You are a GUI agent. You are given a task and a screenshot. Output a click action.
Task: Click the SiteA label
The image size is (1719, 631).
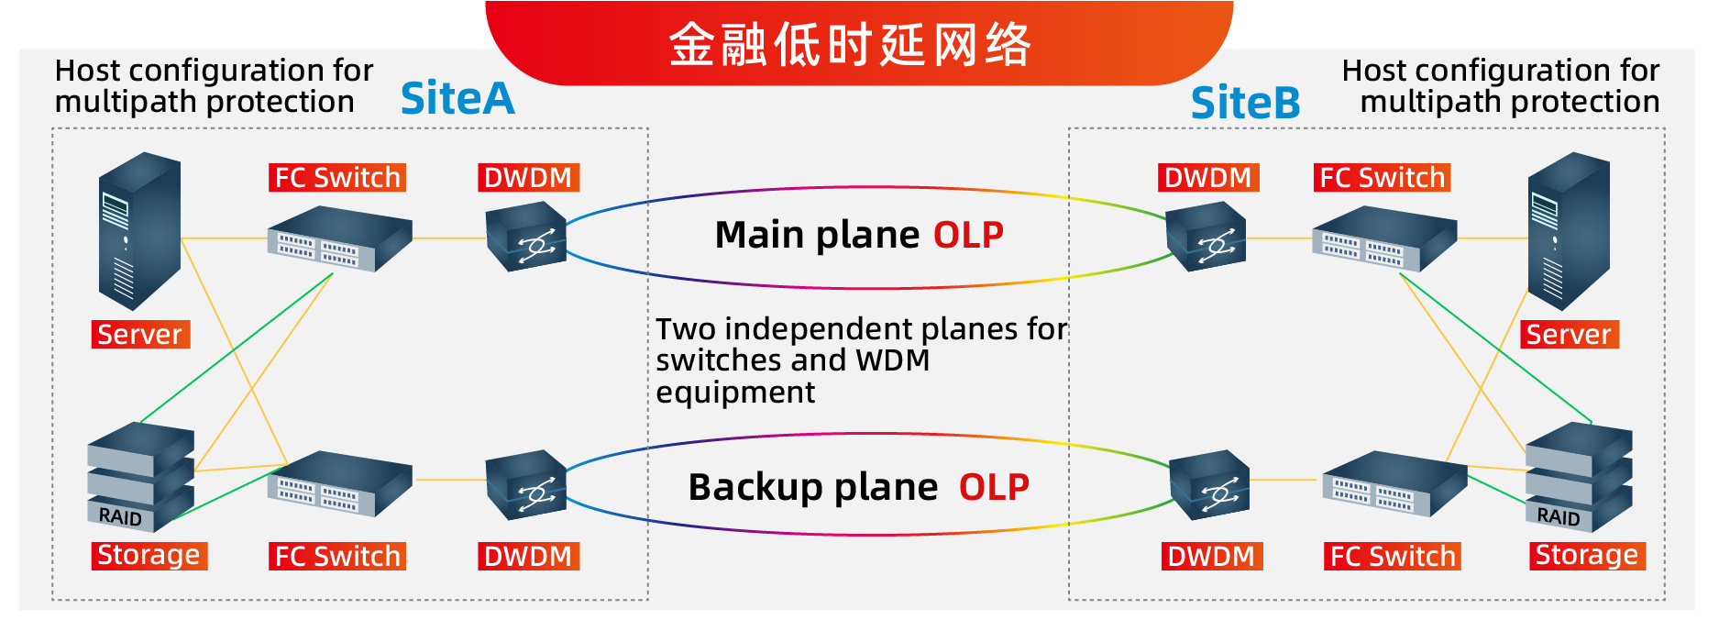[457, 98]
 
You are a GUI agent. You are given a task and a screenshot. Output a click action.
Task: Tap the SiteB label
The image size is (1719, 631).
[1245, 103]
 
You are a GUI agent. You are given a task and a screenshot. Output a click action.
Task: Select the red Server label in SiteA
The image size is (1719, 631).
[140, 335]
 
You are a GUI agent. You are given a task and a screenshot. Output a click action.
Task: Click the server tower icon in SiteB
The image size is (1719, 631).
[1569, 230]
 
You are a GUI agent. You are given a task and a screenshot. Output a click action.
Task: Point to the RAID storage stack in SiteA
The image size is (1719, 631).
[140, 476]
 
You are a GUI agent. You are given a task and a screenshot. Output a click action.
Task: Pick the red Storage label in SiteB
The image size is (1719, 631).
[1587, 556]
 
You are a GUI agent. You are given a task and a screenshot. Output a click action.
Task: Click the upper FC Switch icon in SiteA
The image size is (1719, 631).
[339, 239]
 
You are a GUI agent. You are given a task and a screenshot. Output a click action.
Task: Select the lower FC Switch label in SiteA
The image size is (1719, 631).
[337, 557]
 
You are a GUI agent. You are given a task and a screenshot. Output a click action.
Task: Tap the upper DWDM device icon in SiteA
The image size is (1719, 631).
[525, 237]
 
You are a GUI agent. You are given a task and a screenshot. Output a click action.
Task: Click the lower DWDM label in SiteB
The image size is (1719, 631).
[1211, 557]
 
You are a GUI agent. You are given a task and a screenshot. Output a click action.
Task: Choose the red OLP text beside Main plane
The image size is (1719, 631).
[968, 236]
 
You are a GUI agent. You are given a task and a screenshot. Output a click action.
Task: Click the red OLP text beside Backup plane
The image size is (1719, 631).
[994, 488]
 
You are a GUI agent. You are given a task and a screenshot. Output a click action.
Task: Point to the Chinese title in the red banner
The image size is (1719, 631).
[850, 44]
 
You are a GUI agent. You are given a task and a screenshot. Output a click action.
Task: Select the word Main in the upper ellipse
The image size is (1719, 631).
[759, 236]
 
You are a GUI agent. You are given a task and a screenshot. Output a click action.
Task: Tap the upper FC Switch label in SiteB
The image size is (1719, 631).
[1382, 178]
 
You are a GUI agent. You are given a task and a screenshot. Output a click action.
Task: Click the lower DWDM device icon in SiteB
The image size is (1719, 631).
[1210, 484]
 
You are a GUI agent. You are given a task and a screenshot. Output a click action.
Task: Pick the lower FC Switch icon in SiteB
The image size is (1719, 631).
[1394, 482]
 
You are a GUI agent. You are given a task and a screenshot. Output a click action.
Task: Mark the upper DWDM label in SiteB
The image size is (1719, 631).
[1207, 178]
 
